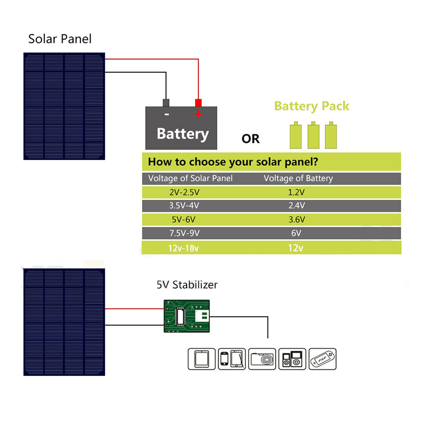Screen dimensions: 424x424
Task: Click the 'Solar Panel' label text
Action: coord(60,39)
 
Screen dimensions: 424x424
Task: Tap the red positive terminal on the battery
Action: coord(198,102)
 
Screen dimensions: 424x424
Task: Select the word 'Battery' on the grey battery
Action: coord(182,134)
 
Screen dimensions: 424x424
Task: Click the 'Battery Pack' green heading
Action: coord(312,106)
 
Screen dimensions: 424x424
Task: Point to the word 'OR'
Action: coord(251,139)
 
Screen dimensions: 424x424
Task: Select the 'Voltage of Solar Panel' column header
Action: coord(190,179)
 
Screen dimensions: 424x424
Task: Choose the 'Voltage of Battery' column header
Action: coord(298,179)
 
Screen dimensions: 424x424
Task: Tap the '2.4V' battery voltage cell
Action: coord(295,206)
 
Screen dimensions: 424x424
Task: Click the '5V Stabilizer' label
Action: coord(187,285)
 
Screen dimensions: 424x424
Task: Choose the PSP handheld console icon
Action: coord(323,359)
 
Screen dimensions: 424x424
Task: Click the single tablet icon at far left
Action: coord(202,359)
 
